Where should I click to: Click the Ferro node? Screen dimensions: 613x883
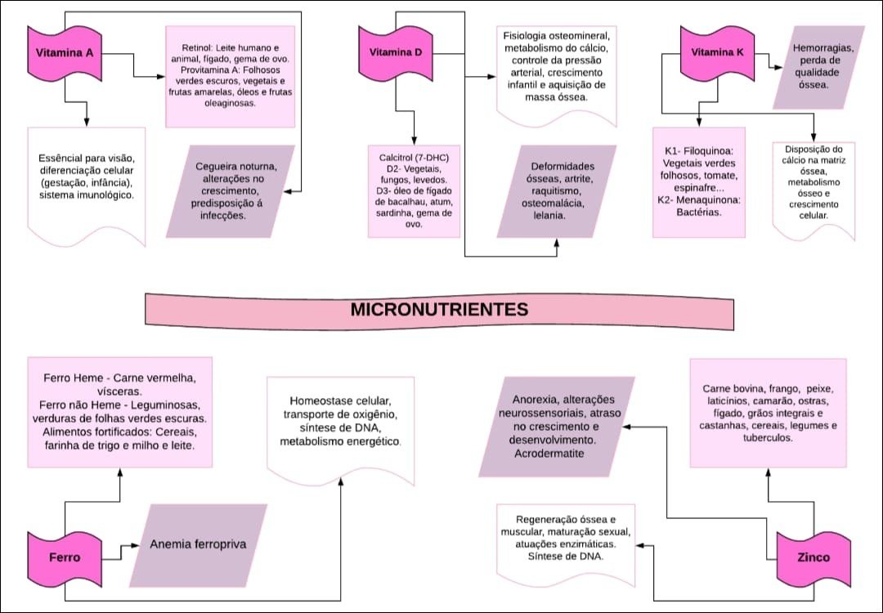click(65, 557)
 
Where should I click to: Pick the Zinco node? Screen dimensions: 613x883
click(813, 557)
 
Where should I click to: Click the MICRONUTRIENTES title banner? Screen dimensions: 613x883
click(439, 311)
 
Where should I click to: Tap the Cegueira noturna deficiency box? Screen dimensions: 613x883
click(235, 192)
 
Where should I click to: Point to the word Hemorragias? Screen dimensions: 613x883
click(823, 48)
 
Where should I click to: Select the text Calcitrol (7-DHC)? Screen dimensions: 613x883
click(414, 156)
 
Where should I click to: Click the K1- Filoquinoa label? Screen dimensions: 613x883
click(698, 151)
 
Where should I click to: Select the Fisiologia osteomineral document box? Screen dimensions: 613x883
click(555, 69)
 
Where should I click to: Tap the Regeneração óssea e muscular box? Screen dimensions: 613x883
click(566, 538)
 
